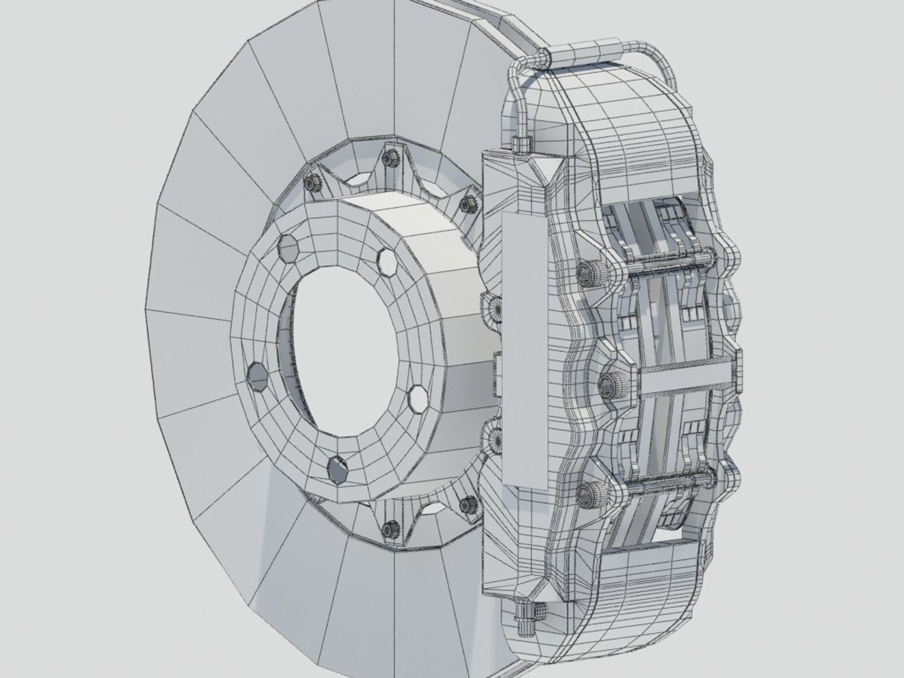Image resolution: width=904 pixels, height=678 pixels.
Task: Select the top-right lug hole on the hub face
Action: [x=387, y=261]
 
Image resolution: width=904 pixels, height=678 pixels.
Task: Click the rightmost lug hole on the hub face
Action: [x=417, y=398]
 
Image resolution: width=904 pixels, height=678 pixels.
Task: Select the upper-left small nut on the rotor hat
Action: [x=313, y=183]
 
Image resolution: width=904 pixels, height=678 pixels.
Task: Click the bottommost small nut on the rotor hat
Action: [x=390, y=529]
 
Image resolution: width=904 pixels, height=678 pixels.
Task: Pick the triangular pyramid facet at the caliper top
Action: [x=545, y=170]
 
